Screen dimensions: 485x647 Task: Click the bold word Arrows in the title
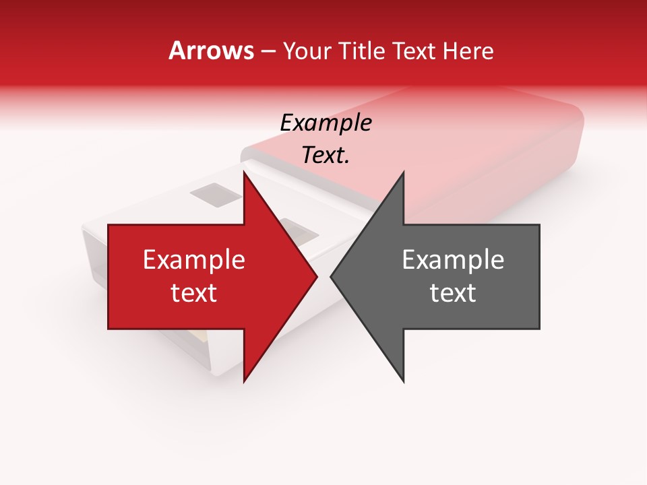click(x=211, y=51)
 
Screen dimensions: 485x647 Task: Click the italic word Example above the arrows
click(x=326, y=123)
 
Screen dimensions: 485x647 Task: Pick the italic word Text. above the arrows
click(x=326, y=156)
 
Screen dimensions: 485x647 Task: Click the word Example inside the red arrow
click(x=194, y=260)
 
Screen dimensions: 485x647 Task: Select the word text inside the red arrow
click(x=194, y=293)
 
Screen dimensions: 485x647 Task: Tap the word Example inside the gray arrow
click(x=453, y=260)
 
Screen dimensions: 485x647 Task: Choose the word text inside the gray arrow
click(x=453, y=293)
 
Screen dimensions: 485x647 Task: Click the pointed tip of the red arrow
click(x=317, y=276)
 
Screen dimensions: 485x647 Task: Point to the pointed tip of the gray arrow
click(x=331, y=276)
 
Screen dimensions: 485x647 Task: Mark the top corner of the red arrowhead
click(x=244, y=171)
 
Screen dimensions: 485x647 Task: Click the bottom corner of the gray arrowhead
click(x=403, y=381)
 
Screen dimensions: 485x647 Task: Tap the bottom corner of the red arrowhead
click(x=244, y=381)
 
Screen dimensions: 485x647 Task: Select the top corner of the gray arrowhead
click(x=403, y=171)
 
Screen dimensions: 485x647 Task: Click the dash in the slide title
click(x=268, y=51)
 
